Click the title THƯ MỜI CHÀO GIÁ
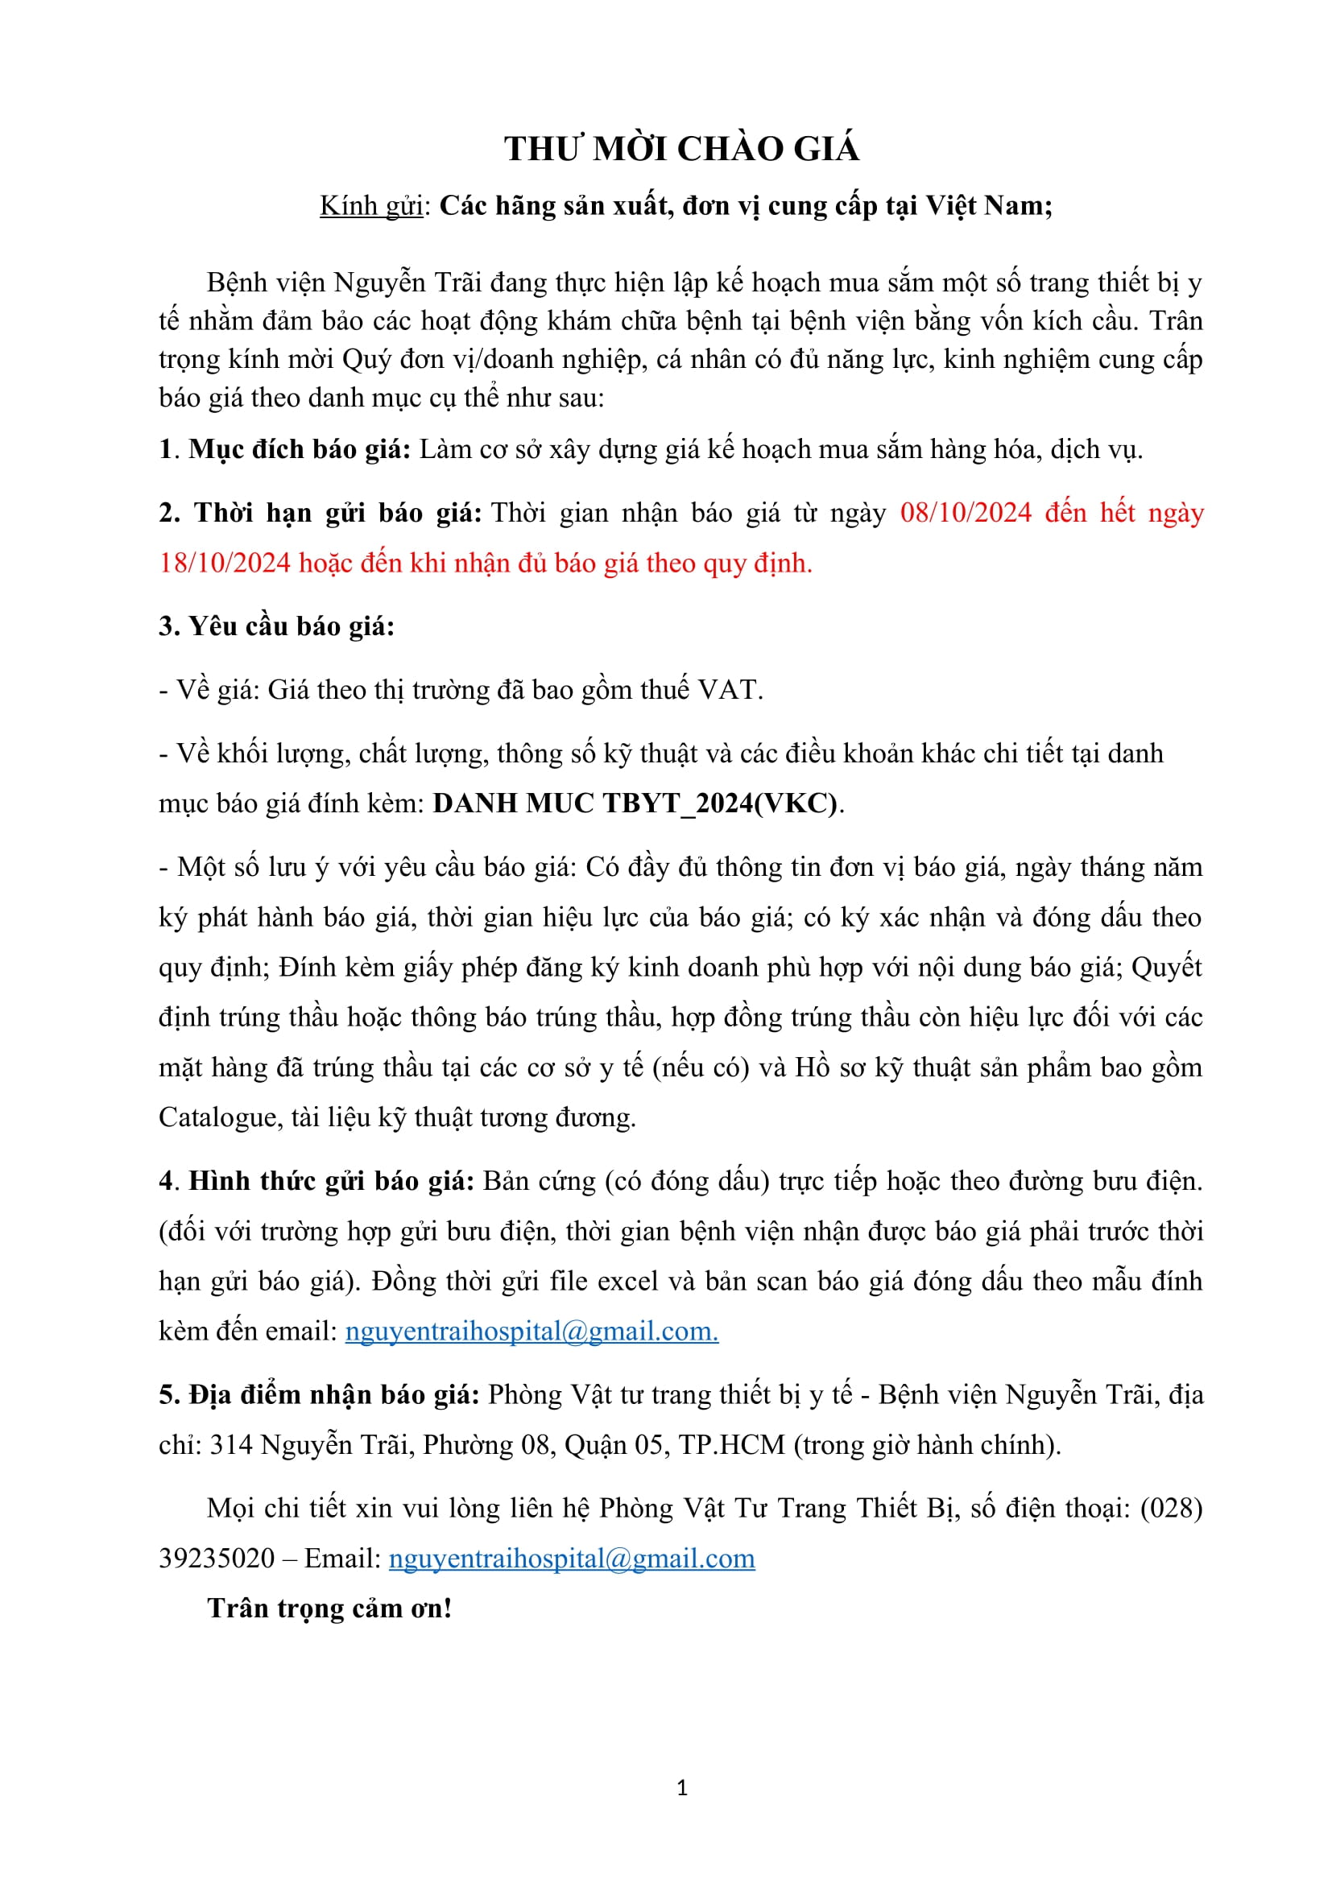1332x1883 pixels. coord(681,149)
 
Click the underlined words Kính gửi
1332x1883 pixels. coord(370,206)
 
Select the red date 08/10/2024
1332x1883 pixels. coord(966,513)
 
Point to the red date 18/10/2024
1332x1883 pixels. coord(225,564)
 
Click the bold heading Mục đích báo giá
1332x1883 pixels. coord(300,449)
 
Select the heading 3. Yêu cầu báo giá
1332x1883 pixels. coord(276,626)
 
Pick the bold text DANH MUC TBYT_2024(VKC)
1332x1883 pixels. coord(635,803)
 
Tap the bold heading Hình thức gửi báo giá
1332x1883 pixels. coord(331,1181)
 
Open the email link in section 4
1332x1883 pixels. coord(532,1331)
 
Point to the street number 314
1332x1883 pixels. coord(231,1445)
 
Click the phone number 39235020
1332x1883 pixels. coord(217,1559)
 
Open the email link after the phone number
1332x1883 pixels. coord(572,1559)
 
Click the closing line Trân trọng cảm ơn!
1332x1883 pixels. coord(329,1608)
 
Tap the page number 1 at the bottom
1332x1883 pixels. coord(682,1789)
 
